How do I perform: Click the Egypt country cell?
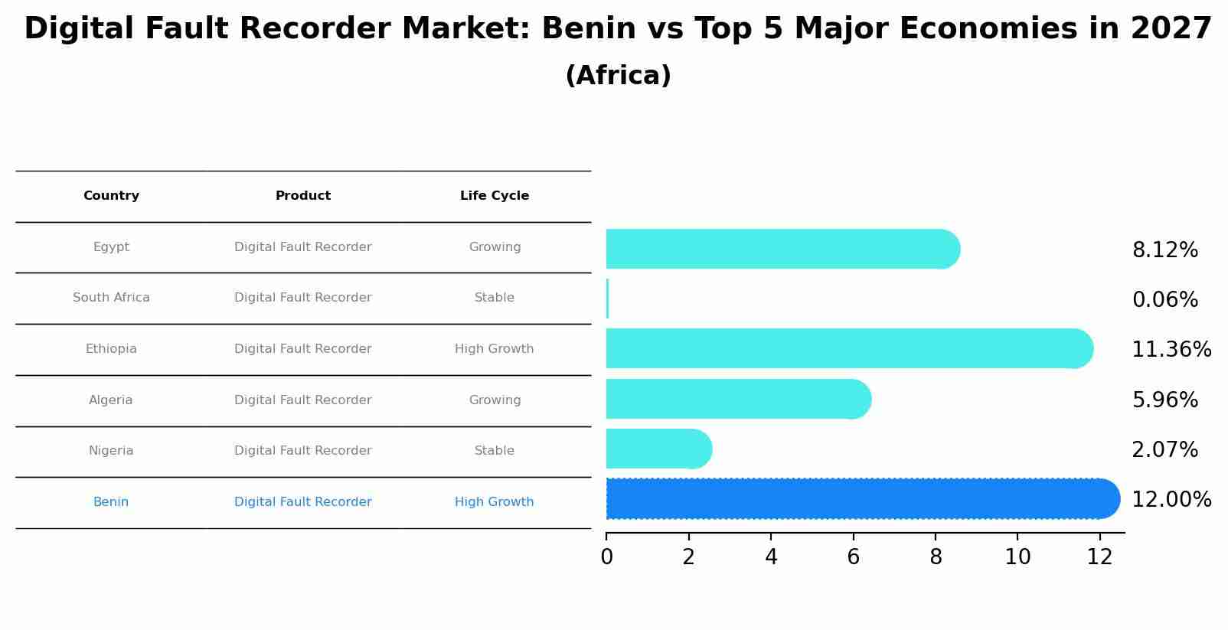pyautogui.click(x=111, y=247)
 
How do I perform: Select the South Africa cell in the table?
pyautogui.click(x=111, y=298)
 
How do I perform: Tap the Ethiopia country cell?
pyautogui.click(x=111, y=349)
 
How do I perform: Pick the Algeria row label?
pyautogui.click(x=111, y=400)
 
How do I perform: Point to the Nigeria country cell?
pyautogui.click(x=111, y=451)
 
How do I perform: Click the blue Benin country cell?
pyautogui.click(x=111, y=502)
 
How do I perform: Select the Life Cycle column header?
pyautogui.click(x=495, y=196)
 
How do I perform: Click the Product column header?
pyautogui.click(x=303, y=196)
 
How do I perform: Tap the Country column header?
pyautogui.click(x=111, y=196)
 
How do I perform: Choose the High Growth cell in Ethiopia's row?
pyautogui.click(x=495, y=349)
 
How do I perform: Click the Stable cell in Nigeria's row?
pyautogui.click(x=495, y=451)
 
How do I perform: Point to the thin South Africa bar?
pyautogui.click(x=607, y=299)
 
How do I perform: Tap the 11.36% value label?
pyautogui.click(x=1171, y=350)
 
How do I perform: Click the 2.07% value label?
pyautogui.click(x=1164, y=450)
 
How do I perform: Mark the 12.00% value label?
pyautogui.click(x=1171, y=500)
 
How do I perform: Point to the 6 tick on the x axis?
pyautogui.click(x=853, y=557)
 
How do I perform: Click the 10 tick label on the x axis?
pyautogui.click(x=1017, y=557)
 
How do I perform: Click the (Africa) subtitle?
pyautogui.click(x=618, y=76)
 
